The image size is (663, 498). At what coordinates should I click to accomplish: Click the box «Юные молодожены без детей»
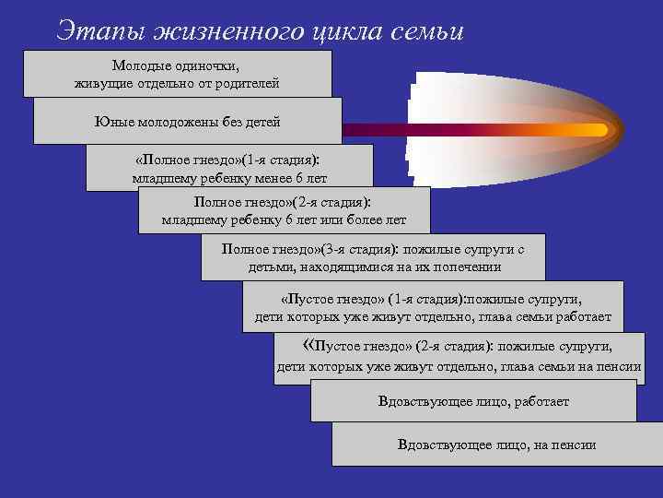click(x=187, y=122)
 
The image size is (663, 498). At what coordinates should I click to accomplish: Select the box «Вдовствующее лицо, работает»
click(x=473, y=401)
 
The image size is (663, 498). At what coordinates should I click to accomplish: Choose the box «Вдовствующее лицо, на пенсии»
click(x=496, y=445)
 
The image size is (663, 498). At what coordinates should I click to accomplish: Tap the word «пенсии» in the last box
click(x=574, y=445)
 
